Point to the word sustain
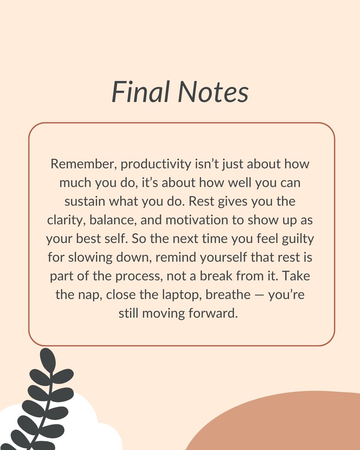pos(85,201)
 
